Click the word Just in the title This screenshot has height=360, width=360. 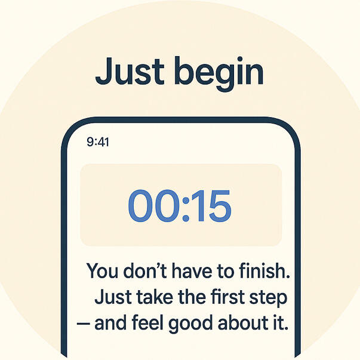click(x=130, y=71)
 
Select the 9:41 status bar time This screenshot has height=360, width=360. click(x=98, y=142)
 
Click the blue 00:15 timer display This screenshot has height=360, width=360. click(x=180, y=206)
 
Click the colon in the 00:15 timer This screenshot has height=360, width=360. click(x=186, y=209)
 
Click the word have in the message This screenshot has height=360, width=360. click(x=192, y=270)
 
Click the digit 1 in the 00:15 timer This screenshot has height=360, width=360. click(x=199, y=206)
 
